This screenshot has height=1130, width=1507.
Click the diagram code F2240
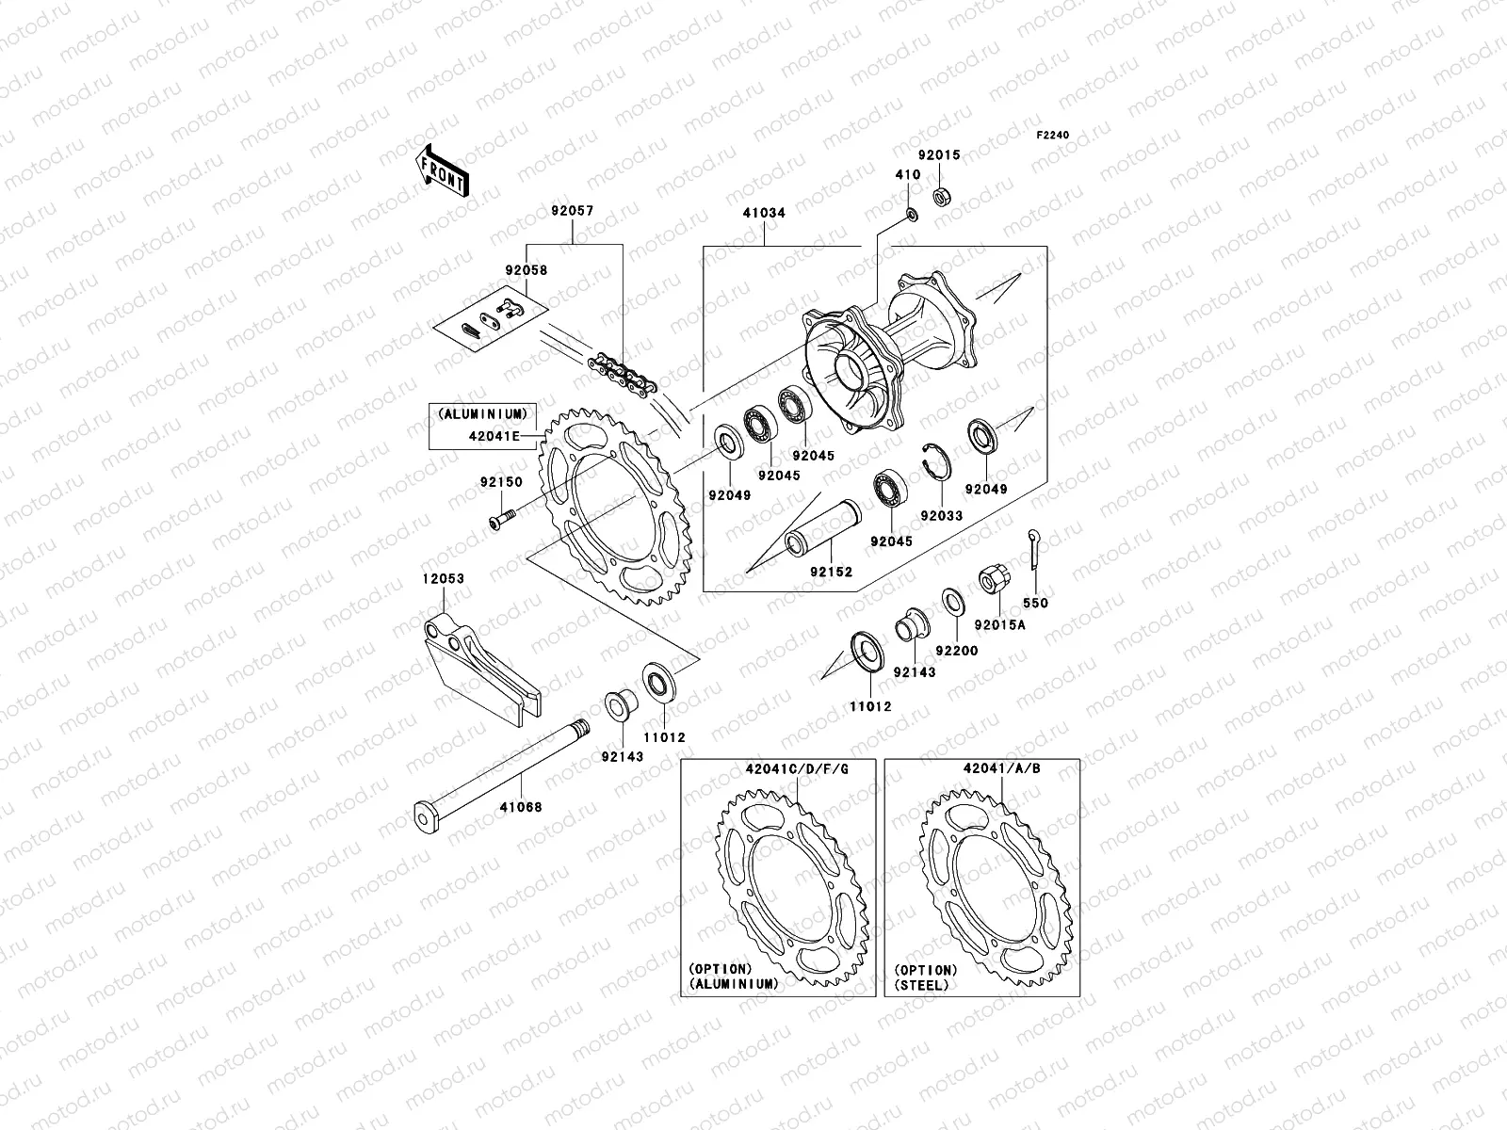coord(1053,136)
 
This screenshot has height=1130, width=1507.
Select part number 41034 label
coord(764,214)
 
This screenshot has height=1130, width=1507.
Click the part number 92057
coord(573,213)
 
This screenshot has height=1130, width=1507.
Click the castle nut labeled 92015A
coord(992,581)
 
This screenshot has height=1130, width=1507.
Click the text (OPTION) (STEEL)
coord(927,977)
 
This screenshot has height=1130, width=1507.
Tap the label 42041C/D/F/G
coord(790,769)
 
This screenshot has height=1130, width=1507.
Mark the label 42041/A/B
coord(1001,768)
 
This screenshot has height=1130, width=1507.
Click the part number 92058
coord(526,270)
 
